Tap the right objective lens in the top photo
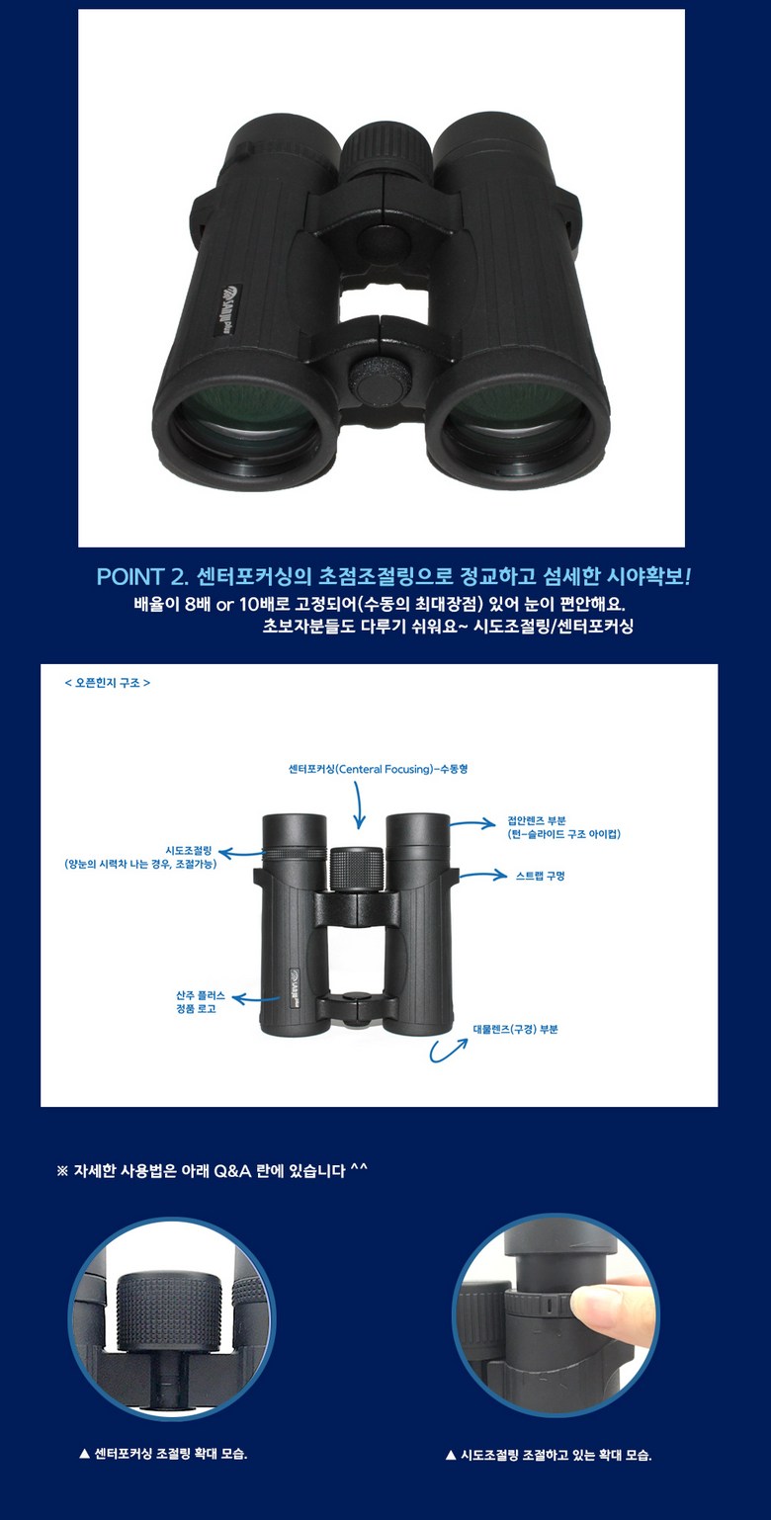coord(519,425)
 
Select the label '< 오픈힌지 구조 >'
coord(107,683)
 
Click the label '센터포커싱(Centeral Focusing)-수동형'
coord(378,769)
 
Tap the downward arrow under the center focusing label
coord(359,804)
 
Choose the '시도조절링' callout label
coord(189,850)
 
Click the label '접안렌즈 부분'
coord(536,820)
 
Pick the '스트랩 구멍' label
coord(541,876)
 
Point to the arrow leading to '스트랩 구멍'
coord(482,876)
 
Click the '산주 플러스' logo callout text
coord(201,995)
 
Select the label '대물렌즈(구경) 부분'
coord(515,1030)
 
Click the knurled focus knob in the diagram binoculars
coord(356,869)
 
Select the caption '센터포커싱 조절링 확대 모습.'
coord(170,1454)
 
